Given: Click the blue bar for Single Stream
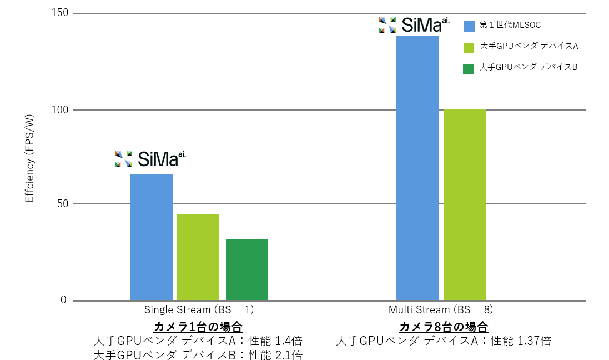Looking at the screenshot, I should (x=151, y=237).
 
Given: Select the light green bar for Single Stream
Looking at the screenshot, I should (x=198, y=257).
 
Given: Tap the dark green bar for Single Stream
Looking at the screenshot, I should (x=246, y=269).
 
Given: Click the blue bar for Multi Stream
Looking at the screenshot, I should (x=417, y=168).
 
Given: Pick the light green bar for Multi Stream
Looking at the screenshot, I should (x=465, y=204).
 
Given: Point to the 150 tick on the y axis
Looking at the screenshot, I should (x=62, y=13).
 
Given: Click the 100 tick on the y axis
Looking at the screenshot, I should (x=62, y=110).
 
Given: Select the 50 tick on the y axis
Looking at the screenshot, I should (x=64, y=204).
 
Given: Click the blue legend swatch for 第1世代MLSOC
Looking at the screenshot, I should (x=469, y=26).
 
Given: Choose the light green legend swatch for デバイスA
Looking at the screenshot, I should (x=469, y=47).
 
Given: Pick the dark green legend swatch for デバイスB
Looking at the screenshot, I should (x=469, y=68).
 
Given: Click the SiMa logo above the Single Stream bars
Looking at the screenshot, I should (x=150, y=159).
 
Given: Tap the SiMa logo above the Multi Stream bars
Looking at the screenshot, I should (x=414, y=24).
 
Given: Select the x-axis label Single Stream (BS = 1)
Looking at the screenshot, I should (x=199, y=309).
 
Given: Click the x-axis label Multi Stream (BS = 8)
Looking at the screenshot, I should (x=441, y=309).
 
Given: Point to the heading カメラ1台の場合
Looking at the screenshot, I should (x=198, y=326).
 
